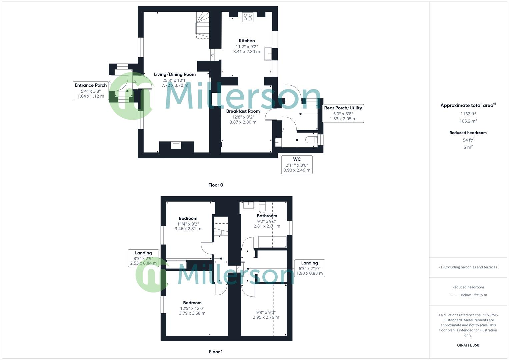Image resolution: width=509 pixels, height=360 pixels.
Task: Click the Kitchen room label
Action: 247,41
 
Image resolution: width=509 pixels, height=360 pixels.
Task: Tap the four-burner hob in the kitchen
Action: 248,17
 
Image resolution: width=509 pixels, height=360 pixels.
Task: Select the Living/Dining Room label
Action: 175,74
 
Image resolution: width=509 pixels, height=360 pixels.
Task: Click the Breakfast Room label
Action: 243,111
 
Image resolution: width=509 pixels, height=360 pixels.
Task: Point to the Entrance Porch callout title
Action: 91,85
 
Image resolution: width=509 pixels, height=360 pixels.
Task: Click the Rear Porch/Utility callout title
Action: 343,108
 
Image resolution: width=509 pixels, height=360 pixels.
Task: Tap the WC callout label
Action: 297,159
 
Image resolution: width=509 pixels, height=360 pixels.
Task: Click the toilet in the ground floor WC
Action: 311,139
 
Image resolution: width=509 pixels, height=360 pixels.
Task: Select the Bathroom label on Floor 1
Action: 267,216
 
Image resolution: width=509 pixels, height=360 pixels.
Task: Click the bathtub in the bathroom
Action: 272,242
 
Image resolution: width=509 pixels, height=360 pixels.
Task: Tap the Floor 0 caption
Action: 216,185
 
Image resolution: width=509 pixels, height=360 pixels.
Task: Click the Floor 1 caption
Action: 216,352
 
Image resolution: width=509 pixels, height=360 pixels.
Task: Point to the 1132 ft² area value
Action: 468,114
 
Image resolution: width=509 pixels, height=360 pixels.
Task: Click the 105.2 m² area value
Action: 468,121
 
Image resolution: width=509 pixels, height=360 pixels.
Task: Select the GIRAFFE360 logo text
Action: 468,345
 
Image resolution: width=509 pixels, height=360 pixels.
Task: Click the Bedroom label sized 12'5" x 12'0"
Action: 192,303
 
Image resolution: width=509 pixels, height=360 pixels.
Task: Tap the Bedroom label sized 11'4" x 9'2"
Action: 188,218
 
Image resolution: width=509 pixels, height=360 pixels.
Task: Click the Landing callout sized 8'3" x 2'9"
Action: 143,253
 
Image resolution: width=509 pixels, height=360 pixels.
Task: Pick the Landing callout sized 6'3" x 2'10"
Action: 309,263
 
